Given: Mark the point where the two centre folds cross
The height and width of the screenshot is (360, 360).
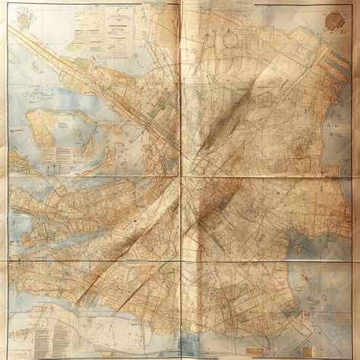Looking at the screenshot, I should [180, 181].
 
